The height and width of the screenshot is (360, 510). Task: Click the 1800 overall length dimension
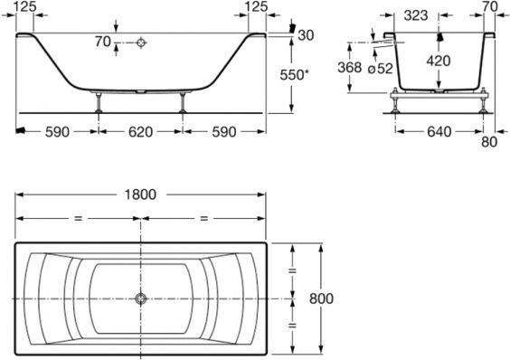coord(140,194)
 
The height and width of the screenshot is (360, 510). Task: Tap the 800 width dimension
coord(321,298)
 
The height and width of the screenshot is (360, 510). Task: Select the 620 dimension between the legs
coord(140,131)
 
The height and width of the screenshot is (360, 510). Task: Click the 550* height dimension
coord(308,77)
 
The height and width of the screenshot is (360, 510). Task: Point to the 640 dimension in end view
coord(439,132)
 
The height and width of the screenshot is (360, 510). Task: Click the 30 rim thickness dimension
coord(306,34)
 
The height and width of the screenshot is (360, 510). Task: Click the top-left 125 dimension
coord(26,7)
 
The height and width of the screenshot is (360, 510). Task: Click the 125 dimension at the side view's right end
coord(256,7)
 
